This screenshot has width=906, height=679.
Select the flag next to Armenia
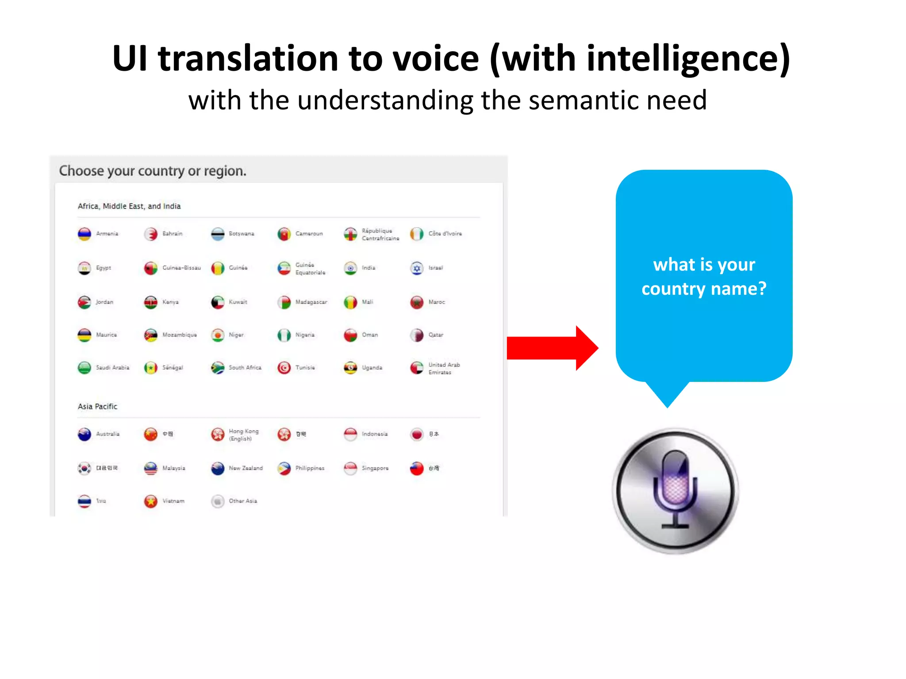click(84, 234)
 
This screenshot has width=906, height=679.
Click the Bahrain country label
click(172, 233)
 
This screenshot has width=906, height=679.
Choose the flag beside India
click(350, 268)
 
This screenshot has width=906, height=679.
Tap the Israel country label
click(435, 268)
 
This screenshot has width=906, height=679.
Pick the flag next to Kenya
click(151, 302)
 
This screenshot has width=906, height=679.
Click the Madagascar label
click(311, 302)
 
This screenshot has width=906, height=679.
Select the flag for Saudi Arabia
click(84, 368)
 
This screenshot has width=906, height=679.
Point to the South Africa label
click(245, 367)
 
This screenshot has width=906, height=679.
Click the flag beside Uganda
click(350, 368)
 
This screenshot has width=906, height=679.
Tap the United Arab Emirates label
click(444, 368)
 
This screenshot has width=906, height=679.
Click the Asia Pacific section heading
click(97, 406)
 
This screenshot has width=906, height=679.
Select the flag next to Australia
click(84, 435)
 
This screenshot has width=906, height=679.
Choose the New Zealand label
click(246, 468)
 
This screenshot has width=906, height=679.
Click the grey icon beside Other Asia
click(218, 501)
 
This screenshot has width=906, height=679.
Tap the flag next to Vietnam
click(151, 501)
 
